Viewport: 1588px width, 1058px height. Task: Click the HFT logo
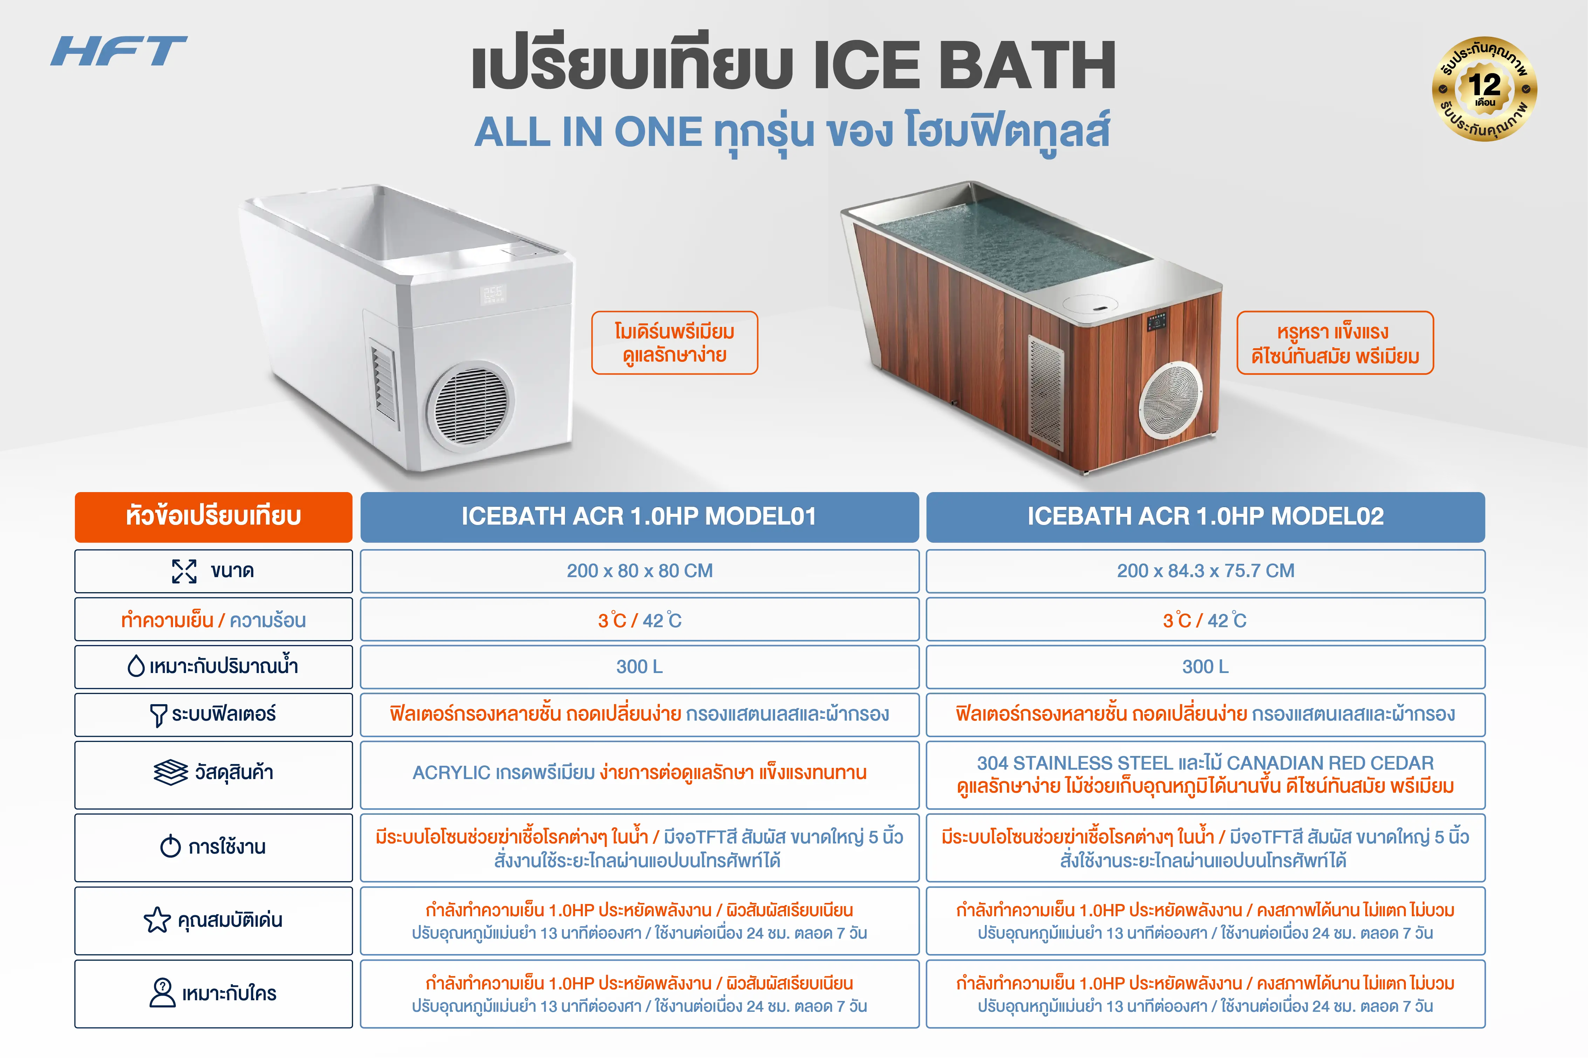[119, 51]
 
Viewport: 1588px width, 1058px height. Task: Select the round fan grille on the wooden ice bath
[1170, 399]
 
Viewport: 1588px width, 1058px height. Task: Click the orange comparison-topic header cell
[213, 517]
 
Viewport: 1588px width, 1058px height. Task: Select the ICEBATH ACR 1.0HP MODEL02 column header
[1205, 517]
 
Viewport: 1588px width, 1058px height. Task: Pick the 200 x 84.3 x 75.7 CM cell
[1205, 571]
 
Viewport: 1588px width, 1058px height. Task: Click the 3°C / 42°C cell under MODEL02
[1205, 619]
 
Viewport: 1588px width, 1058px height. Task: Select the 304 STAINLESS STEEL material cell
[1205, 775]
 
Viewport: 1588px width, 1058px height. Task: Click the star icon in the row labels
[157, 920]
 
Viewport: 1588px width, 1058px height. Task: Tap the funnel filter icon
[158, 715]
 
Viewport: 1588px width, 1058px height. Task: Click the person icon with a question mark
[162, 993]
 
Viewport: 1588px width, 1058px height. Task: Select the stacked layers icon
[171, 772]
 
